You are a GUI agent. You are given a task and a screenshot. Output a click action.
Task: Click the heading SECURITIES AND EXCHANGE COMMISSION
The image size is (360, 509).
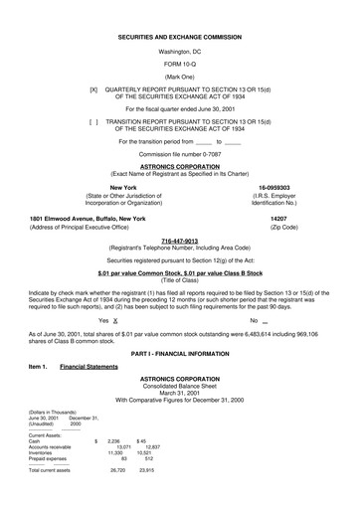[179, 35]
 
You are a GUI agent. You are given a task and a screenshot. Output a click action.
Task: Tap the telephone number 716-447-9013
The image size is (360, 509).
[179, 240]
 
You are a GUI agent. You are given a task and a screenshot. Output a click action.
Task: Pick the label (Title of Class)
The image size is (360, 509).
[179, 279]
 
